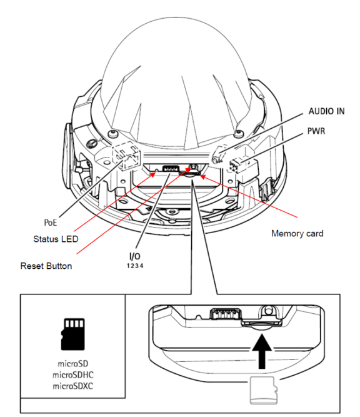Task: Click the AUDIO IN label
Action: [x=326, y=111]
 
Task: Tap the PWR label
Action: [x=316, y=131]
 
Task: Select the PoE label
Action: [x=51, y=223]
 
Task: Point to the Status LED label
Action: [x=56, y=239]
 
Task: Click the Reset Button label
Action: [x=46, y=266]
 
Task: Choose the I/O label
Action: [x=135, y=256]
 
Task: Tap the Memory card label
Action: [x=297, y=233]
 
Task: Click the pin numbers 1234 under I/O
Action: [x=135, y=266]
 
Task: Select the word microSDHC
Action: [x=73, y=375]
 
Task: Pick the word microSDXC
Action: [x=73, y=386]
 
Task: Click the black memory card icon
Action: [x=72, y=334]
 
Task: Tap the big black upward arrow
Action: [x=262, y=351]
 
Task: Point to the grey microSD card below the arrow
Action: [x=264, y=390]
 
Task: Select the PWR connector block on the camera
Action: [x=237, y=166]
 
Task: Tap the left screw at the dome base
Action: [x=112, y=134]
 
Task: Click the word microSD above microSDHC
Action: [x=73, y=363]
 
